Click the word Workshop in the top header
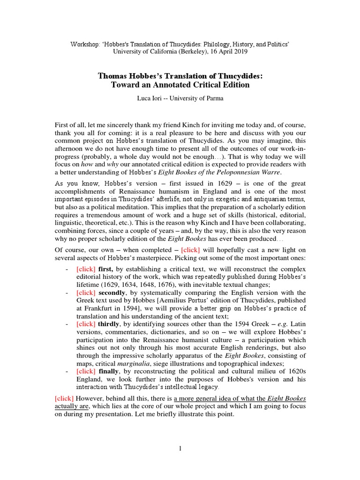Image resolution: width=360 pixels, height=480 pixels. pyautogui.click(x=83, y=44)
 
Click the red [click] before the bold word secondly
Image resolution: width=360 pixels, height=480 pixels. pyautogui.click(x=86, y=292)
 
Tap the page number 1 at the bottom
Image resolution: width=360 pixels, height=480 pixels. pyautogui.click(x=180, y=449)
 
